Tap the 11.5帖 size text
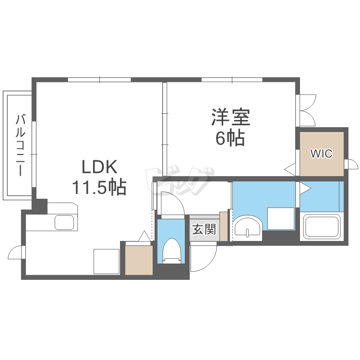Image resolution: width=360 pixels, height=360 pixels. click(x=99, y=187)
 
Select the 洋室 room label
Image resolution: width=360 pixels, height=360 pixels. click(x=229, y=118)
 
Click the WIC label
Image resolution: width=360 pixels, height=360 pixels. click(x=321, y=154)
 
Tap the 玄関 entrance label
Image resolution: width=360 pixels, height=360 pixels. click(x=204, y=229)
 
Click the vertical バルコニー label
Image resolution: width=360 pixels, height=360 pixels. click(x=20, y=144)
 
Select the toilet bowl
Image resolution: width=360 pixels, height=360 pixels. click(x=171, y=250)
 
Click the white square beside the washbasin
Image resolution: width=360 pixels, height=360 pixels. click(x=281, y=218)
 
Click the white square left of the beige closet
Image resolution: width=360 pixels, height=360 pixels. click(x=106, y=262)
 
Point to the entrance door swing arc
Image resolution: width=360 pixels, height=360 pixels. click(x=202, y=259)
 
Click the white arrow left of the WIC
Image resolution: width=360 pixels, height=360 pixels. click(x=290, y=168)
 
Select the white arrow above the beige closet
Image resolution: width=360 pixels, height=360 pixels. click(x=144, y=236)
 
